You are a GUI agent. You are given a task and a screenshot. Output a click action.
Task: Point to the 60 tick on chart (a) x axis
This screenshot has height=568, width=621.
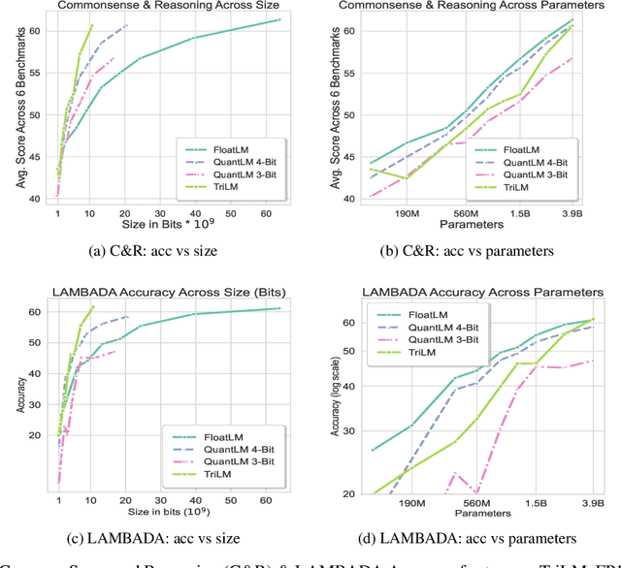click(262, 214)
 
